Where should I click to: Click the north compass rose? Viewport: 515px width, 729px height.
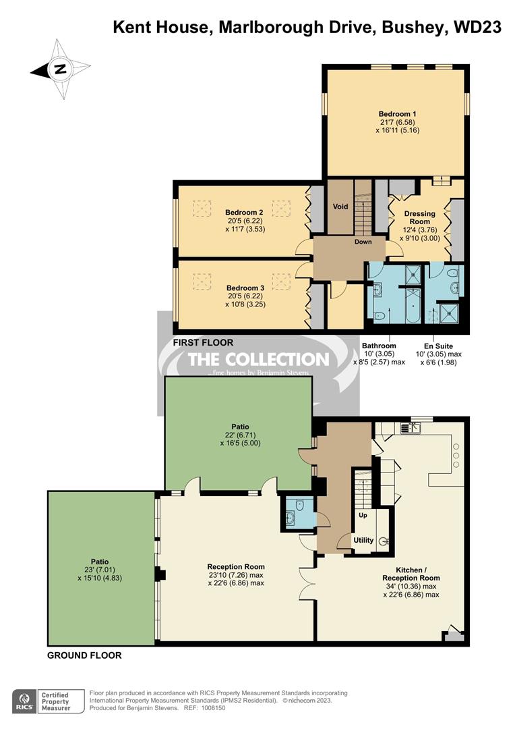[60, 69]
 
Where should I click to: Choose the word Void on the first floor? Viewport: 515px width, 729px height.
[341, 207]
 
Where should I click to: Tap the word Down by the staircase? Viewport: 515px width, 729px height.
[364, 242]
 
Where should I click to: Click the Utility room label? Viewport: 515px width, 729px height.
[363, 541]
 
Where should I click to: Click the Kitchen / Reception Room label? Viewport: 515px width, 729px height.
[411, 574]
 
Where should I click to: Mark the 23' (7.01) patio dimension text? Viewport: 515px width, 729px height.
[100, 569]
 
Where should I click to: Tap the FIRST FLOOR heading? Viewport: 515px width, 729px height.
[203, 343]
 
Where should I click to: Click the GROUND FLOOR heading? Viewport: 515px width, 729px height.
[84, 655]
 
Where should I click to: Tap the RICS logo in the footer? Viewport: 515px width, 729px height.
[26, 699]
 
